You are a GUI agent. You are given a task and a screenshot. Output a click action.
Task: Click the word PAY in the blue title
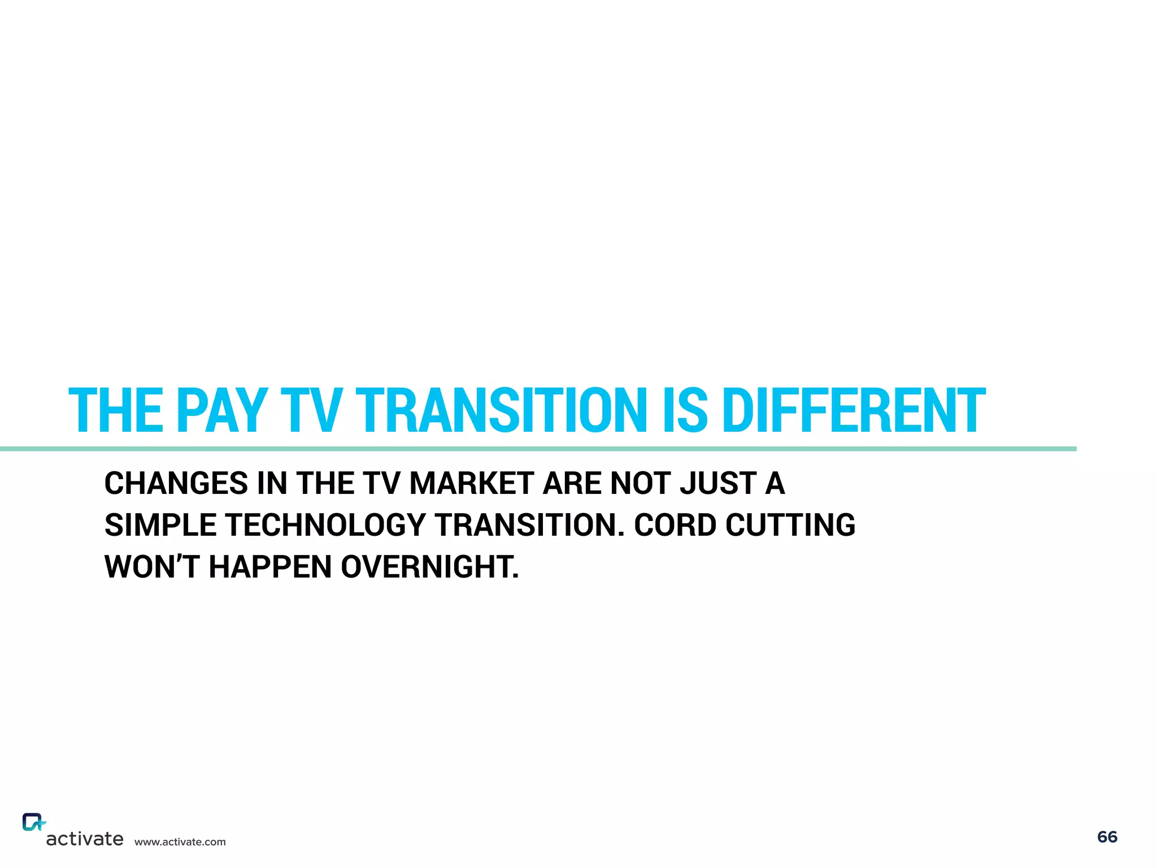[x=222, y=410]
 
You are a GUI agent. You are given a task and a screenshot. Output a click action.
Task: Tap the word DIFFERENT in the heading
[x=854, y=410]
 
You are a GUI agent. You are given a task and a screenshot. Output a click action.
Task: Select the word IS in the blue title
[x=684, y=410]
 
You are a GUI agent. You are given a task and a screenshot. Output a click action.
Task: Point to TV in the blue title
[x=311, y=410]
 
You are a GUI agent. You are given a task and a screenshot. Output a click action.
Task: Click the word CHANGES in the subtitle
[x=176, y=484]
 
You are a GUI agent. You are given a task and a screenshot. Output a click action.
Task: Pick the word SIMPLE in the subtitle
[x=160, y=525]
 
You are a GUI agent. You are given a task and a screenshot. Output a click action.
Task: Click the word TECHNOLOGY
[x=325, y=525]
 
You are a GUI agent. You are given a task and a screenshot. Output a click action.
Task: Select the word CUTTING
[x=790, y=525]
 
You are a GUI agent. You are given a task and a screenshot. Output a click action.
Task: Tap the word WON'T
[x=151, y=567]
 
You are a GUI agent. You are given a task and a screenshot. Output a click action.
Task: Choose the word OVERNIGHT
[x=430, y=567]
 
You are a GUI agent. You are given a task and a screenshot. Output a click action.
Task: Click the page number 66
[x=1107, y=837]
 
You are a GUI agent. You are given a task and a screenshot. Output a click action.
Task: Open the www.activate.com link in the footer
[x=180, y=842]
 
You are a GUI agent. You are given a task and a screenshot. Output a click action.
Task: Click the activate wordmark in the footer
[x=85, y=839]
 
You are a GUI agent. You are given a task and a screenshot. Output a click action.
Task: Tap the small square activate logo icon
[x=33, y=822]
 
